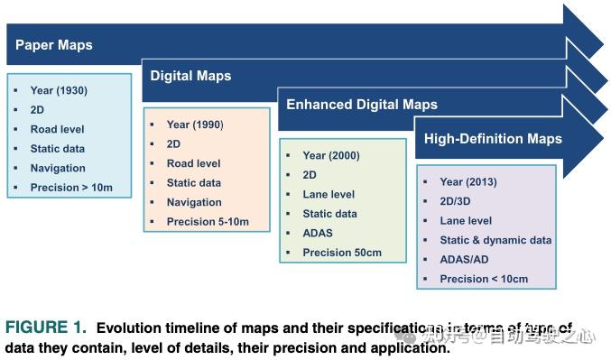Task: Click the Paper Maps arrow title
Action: click(54, 44)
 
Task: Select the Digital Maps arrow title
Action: click(190, 76)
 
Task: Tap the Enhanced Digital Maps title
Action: click(361, 105)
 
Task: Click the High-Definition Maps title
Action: click(493, 138)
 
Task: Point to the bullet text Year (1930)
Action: click(59, 90)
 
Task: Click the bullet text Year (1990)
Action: click(195, 125)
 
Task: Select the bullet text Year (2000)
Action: click(330, 155)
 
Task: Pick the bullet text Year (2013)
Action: click(468, 181)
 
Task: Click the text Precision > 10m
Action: click(71, 188)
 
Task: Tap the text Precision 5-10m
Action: click(208, 221)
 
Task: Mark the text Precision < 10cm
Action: click(484, 279)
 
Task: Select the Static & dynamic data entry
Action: click(495, 240)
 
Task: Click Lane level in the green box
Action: click(329, 194)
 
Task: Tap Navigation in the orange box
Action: click(194, 202)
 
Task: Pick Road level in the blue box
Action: click(57, 129)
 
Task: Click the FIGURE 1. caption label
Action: click(45, 327)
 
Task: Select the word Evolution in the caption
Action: click(131, 328)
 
